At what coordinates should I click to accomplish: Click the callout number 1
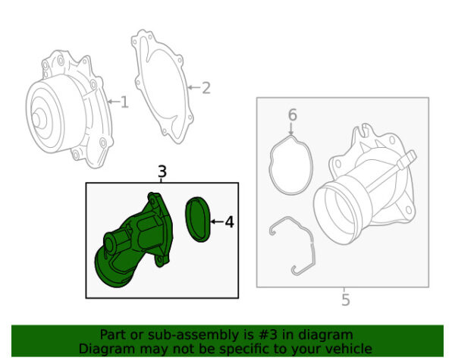click(x=124, y=102)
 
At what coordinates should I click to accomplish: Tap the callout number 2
click(x=205, y=88)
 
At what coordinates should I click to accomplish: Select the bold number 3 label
click(x=162, y=172)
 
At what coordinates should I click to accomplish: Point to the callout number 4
click(x=229, y=222)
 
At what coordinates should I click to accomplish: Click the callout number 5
click(x=345, y=300)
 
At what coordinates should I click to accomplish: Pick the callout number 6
click(x=292, y=115)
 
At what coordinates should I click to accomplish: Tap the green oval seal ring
click(x=199, y=219)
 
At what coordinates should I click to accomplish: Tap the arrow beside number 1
click(x=112, y=102)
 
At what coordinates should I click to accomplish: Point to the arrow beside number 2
click(x=193, y=88)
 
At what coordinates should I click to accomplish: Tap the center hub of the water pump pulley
click(x=36, y=118)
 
